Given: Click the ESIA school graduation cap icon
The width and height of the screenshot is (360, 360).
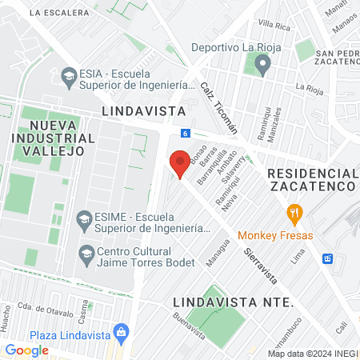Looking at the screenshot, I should point(68,78).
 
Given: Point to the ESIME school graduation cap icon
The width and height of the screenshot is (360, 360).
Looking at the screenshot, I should point(83,218).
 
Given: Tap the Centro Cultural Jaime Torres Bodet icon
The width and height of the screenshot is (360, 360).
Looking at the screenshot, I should point(86,254).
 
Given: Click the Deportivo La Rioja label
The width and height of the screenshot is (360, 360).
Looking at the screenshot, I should point(232,46).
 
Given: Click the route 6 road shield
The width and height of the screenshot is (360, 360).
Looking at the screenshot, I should point(185,133).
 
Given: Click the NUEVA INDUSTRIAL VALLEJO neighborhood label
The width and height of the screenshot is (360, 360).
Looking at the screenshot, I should point(61,138).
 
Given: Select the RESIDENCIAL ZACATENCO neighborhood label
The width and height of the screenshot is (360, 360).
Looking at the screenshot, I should point(311,179).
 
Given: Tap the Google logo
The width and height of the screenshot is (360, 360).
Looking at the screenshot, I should point(26,350).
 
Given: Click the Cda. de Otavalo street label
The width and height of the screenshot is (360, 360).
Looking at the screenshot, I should point(40,310).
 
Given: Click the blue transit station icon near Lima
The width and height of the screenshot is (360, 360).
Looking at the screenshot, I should point(327,258).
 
